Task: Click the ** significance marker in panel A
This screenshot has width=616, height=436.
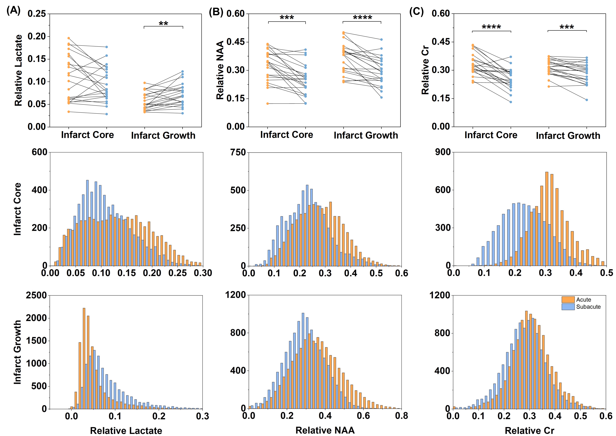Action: coord(163,24)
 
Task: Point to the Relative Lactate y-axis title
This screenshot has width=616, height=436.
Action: coord(18,70)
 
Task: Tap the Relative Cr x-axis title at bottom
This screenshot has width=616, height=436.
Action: coord(529,430)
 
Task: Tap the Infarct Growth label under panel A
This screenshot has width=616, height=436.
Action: coord(163,135)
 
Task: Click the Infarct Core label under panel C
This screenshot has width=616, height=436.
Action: coord(491,135)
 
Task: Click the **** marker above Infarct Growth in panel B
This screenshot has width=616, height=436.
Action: coord(362,18)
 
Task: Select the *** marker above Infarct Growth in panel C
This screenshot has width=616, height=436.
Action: coord(567,27)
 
